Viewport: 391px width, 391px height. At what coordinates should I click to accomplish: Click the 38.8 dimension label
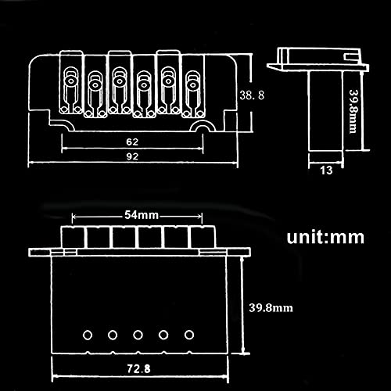tap(252, 95)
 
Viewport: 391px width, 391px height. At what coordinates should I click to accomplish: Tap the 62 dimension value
tap(132, 142)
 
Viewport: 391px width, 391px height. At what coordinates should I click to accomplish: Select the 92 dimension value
tap(132, 156)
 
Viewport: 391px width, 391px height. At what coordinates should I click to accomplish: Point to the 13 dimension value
tap(326, 170)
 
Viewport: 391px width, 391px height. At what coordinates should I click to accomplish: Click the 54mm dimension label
tap(142, 215)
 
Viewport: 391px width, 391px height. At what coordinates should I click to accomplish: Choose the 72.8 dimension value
tap(138, 369)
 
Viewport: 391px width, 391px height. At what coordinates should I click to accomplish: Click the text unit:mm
tap(325, 237)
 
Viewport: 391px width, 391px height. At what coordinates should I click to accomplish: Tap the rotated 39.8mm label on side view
tap(353, 112)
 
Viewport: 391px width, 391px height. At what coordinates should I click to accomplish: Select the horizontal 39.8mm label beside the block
tap(271, 308)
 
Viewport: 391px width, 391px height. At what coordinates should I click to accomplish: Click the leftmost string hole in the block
tap(88, 335)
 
